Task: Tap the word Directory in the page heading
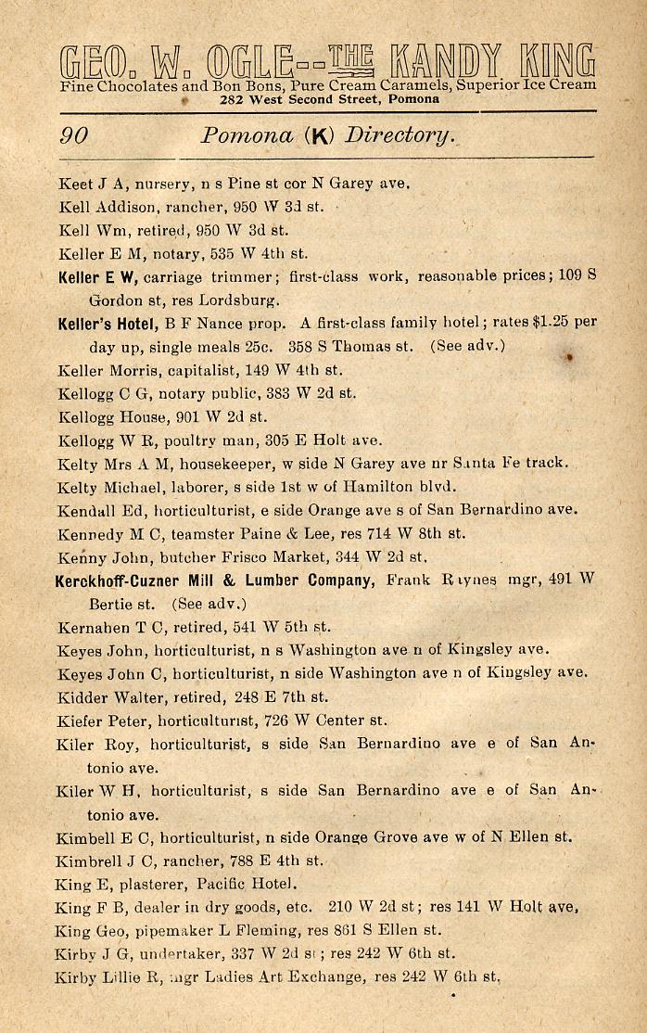click(x=400, y=137)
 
